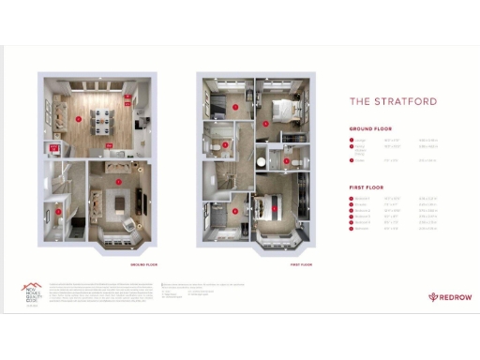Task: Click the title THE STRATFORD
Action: [393, 101]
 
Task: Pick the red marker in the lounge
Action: [118, 181]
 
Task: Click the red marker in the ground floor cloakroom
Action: [58, 212]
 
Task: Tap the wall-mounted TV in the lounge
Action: [142, 202]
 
